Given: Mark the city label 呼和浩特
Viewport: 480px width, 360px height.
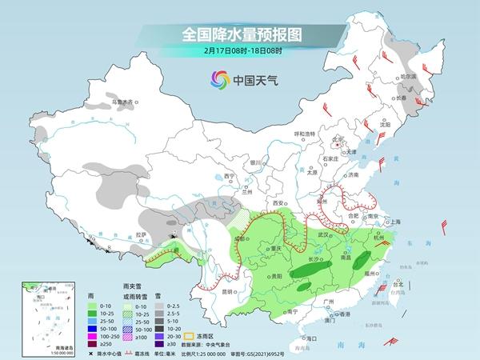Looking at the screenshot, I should click(x=306, y=133).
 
